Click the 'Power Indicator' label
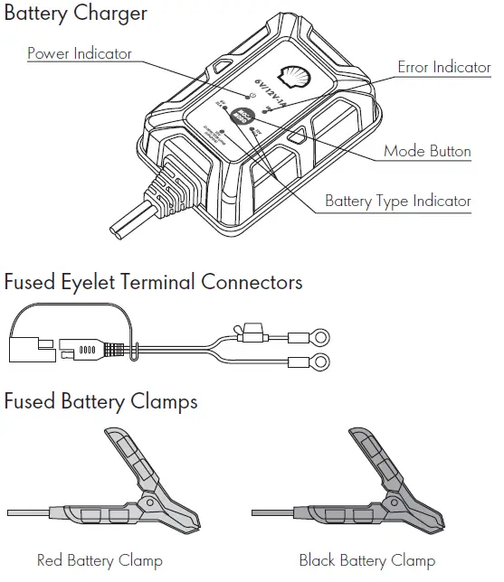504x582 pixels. point(79,53)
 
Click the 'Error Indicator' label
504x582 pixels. point(443,68)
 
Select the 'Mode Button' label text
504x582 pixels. point(427,151)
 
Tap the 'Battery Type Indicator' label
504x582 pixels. point(397,201)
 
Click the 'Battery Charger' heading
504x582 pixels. point(75,14)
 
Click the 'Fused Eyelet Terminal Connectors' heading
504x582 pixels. point(153,282)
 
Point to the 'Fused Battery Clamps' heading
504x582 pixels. point(100,400)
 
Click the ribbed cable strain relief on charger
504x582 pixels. point(172,190)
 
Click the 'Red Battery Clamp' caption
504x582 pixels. point(100,560)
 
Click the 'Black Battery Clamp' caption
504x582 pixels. point(366,560)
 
